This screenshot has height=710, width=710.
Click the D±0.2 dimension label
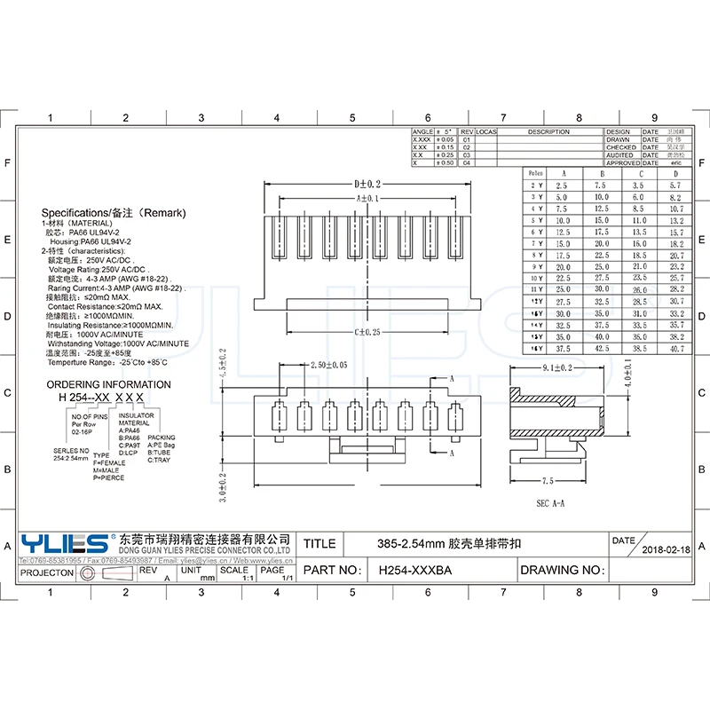tap(366, 184)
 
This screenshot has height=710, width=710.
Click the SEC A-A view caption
tap(550, 503)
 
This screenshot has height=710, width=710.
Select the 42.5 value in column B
tap(601, 350)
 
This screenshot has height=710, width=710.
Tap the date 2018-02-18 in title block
tap(666, 550)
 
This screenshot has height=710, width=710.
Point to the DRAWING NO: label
tap(562, 571)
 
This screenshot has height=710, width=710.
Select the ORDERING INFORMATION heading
tap(108, 384)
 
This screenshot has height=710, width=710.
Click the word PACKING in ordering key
tap(162, 438)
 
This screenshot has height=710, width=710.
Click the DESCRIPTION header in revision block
tap(548, 132)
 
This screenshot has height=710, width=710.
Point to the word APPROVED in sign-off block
tap(622, 163)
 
